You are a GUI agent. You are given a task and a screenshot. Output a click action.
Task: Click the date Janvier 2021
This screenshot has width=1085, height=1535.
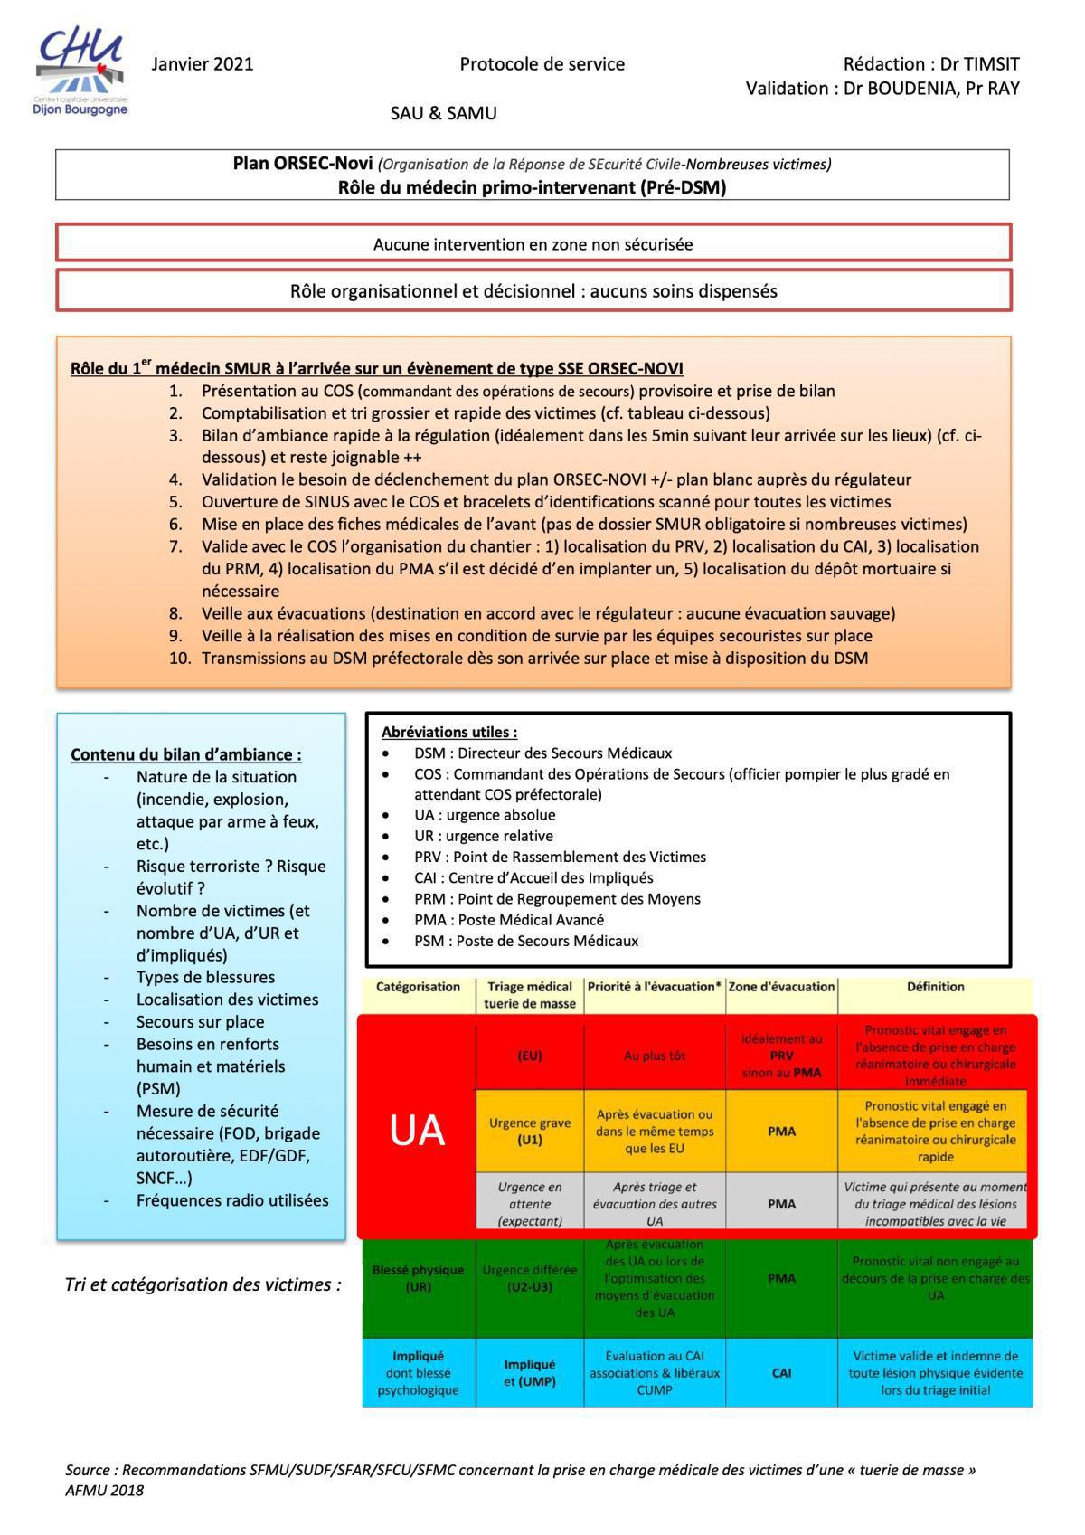tap(203, 64)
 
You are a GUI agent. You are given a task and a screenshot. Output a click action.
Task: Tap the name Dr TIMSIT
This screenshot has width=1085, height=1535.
tap(979, 64)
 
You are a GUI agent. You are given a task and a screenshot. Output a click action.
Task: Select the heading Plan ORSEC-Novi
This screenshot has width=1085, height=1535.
tap(302, 164)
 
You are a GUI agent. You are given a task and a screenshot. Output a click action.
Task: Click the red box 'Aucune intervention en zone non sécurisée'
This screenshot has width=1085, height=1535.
tap(533, 244)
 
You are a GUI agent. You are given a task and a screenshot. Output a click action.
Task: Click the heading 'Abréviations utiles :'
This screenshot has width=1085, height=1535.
tap(449, 732)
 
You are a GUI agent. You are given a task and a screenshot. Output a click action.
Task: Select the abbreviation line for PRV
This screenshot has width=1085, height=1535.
tap(560, 857)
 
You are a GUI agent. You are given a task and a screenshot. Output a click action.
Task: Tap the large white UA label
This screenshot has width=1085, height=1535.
tap(417, 1131)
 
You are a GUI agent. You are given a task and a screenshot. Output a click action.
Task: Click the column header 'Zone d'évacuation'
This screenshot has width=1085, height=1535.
tap(781, 987)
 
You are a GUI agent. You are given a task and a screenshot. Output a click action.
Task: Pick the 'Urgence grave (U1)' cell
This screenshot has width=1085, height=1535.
tap(530, 1131)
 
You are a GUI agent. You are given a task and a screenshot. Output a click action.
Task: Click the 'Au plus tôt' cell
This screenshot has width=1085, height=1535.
tap(655, 1056)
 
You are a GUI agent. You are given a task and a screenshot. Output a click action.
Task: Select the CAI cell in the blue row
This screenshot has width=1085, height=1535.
tap(781, 1372)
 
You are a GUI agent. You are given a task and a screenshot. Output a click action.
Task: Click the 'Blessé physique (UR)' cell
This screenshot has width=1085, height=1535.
tap(418, 1278)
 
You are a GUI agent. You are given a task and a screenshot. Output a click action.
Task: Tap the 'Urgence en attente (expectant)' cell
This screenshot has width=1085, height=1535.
tap(530, 1204)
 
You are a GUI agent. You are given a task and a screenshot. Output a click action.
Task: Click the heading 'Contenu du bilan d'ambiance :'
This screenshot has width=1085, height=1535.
tap(186, 754)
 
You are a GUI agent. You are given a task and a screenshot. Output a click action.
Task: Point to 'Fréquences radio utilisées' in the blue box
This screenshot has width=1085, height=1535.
tap(232, 1200)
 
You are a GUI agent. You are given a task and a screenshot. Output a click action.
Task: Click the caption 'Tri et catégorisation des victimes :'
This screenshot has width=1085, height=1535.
tap(203, 1284)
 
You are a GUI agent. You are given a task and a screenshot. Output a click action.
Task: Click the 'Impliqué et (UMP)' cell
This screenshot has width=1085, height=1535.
tap(530, 1372)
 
